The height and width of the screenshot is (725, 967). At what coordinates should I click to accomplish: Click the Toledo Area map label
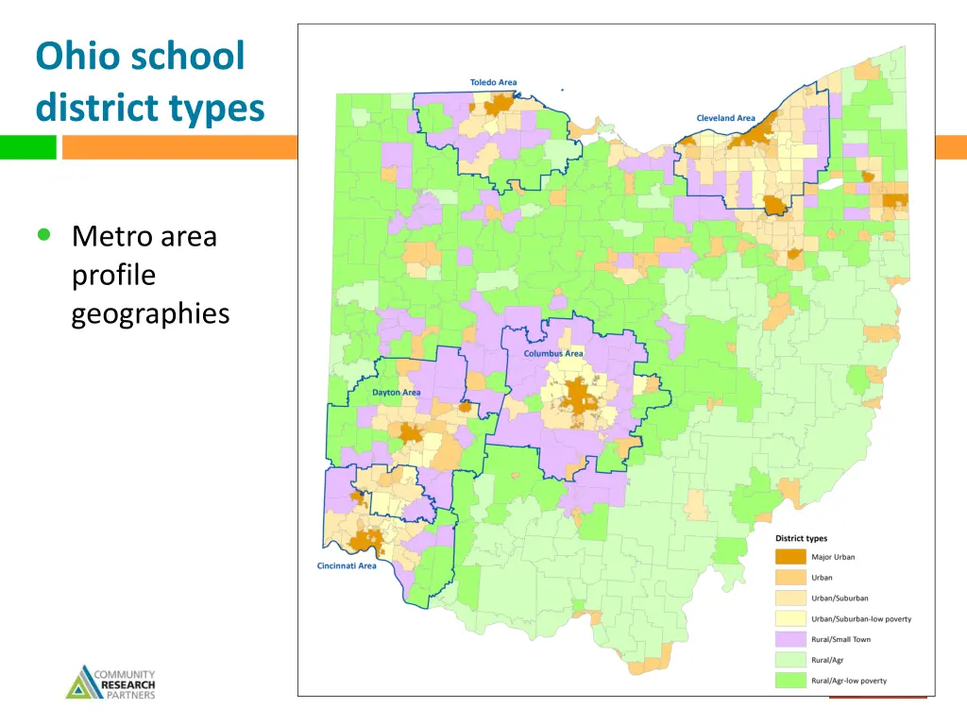click(x=493, y=83)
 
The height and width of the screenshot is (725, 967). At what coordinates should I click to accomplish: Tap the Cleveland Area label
click(x=725, y=118)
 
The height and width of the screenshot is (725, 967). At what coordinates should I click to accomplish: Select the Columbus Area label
click(x=553, y=353)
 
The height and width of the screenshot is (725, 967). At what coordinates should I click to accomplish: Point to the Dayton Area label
click(x=396, y=392)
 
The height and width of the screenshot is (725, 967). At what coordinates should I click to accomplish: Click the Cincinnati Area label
click(x=346, y=566)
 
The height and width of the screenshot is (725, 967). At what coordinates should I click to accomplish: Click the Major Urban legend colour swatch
click(x=790, y=557)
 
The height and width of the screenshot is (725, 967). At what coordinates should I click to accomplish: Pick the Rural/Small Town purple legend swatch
click(x=790, y=639)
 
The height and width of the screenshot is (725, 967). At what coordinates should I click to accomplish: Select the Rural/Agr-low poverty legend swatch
click(x=790, y=681)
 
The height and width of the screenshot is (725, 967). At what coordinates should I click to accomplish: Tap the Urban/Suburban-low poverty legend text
click(x=861, y=619)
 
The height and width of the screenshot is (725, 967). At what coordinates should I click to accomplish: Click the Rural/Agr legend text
click(x=828, y=660)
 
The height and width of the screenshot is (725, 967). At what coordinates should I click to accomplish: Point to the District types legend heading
click(x=801, y=538)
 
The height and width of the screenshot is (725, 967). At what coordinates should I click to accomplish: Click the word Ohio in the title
click(x=79, y=56)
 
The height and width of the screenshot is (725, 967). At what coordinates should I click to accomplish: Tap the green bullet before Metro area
click(x=43, y=235)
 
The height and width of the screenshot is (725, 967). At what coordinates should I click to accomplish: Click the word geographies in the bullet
click(x=150, y=313)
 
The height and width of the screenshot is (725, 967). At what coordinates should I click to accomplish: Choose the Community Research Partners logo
click(x=110, y=683)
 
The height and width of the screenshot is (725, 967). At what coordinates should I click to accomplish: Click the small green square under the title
click(x=27, y=147)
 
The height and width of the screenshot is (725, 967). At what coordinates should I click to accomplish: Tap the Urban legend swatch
click(x=790, y=578)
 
